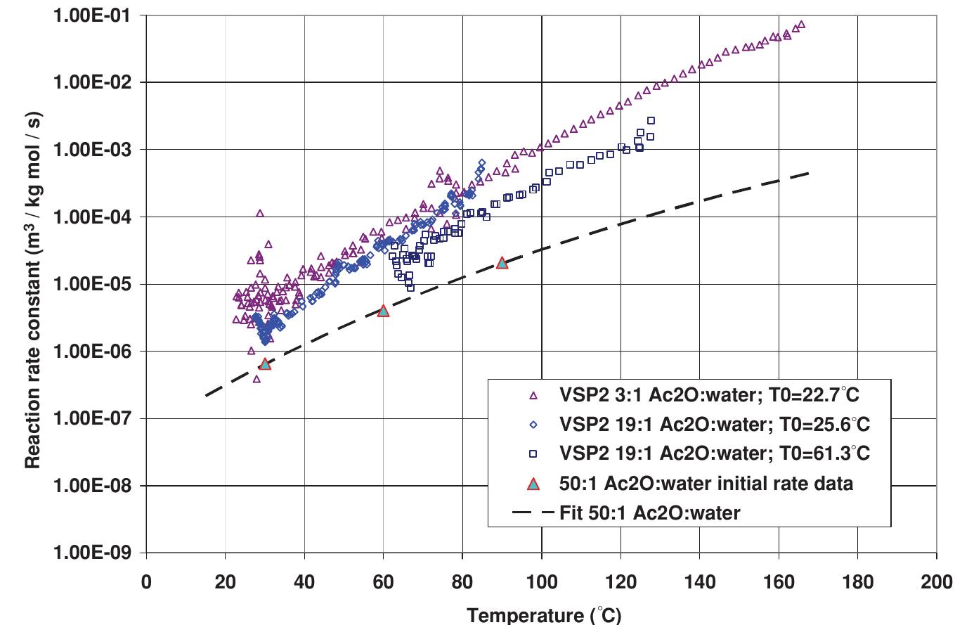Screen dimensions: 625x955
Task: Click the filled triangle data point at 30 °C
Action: coord(265,363)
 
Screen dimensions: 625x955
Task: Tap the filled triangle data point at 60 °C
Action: coord(383,310)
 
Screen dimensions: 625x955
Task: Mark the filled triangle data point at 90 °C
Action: coord(502,262)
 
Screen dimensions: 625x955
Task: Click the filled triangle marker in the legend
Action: coord(533,484)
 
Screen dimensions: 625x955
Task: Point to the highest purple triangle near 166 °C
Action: coord(802,25)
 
